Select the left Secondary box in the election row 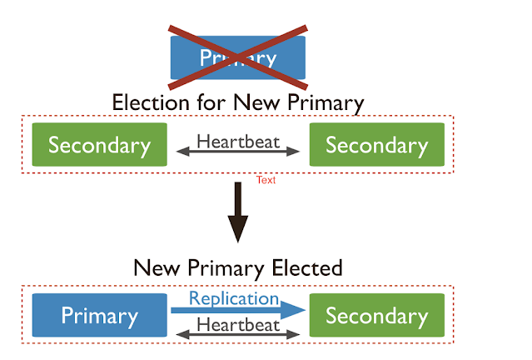99,145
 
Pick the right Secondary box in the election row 376,145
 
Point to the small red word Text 266,179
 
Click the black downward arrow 238,212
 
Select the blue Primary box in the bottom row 99,317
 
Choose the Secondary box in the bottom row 376,317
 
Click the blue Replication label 234,298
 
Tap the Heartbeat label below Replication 238,324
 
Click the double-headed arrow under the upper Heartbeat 238,152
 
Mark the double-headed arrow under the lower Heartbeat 238,335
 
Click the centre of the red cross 236,57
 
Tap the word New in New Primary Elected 155,267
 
